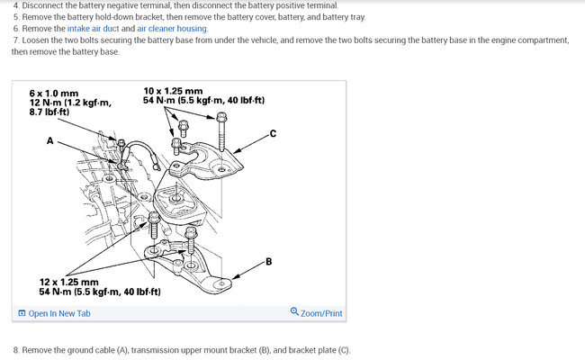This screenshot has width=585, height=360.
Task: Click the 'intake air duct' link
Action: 93,28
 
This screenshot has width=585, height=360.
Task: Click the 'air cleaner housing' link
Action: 172,28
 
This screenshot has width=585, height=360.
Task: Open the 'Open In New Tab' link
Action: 59,313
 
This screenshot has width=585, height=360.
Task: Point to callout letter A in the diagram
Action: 49,141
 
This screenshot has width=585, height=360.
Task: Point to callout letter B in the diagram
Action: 269,262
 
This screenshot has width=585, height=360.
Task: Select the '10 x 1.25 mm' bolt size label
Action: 173,91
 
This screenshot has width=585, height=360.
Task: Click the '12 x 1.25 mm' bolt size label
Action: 69,282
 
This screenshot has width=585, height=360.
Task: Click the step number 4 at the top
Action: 16,5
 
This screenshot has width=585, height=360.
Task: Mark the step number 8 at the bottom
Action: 16,349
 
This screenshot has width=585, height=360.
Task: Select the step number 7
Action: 16,40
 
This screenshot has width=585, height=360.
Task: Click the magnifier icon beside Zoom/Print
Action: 295,313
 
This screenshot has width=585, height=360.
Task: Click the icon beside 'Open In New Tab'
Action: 22,313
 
